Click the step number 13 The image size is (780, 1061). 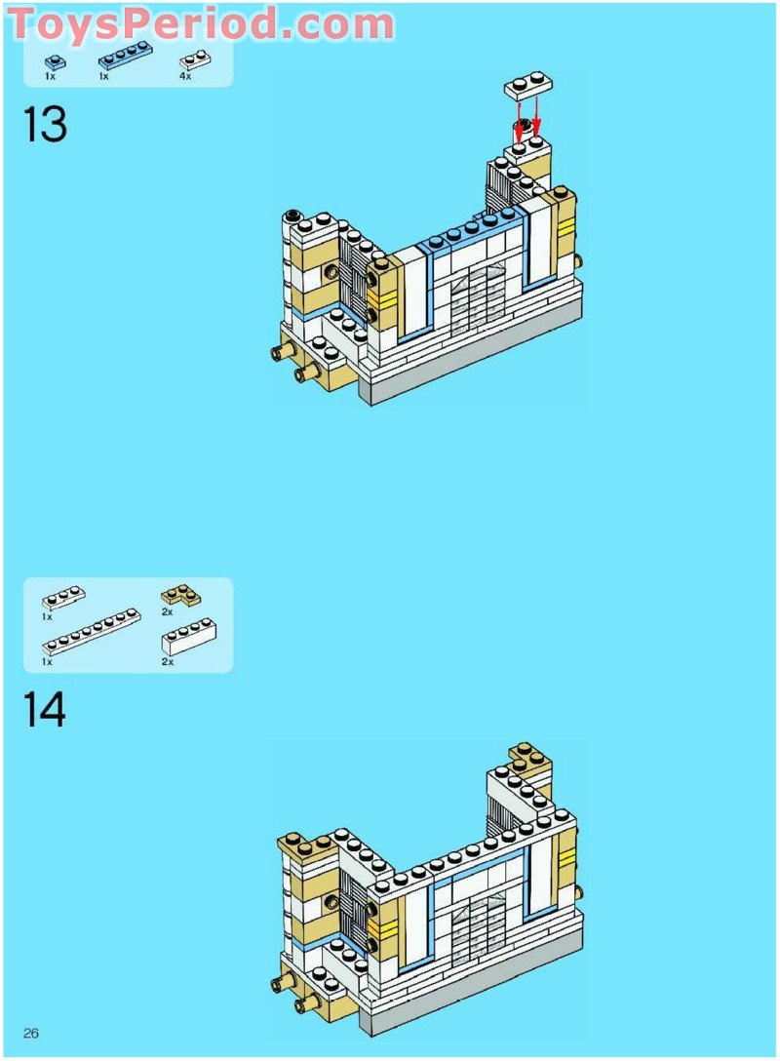45,126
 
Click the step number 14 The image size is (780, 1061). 45,710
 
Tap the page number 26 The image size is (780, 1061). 31,1034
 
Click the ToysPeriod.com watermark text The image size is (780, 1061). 200,23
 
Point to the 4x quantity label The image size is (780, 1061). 184,76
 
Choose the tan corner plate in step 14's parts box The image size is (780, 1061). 180,593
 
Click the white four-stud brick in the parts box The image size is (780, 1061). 188,636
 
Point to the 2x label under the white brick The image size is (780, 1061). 167,661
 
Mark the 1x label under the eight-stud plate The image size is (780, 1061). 47,661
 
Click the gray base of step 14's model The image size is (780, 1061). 468,1004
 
